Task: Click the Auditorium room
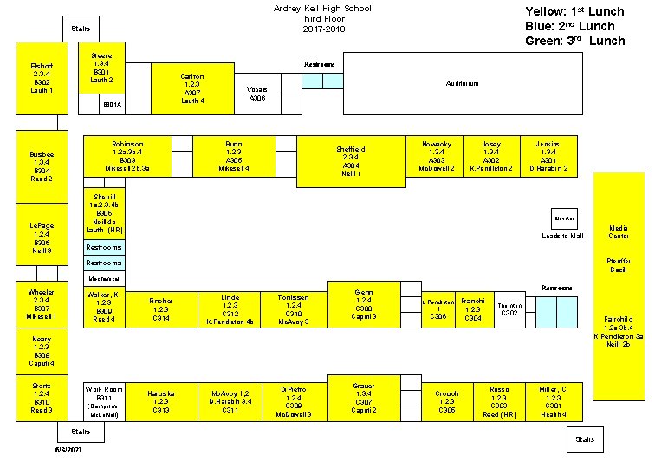point(462,84)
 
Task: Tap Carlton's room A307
point(192,88)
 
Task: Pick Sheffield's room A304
point(351,161)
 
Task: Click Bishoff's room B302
point(42,78)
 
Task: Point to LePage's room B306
point(42,237)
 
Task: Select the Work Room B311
point(104,401)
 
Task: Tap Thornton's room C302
point(509,309)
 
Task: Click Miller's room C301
point(554,401)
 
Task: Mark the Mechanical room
point(104,279)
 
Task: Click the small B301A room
point(113,105)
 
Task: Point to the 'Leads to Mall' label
point(562,236)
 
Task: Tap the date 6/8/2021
point(68,451)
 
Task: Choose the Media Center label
point(619,232)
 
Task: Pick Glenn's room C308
point(364,304)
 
